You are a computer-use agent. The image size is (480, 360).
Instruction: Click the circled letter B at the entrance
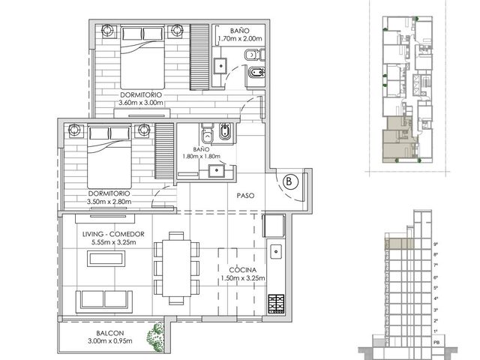288,181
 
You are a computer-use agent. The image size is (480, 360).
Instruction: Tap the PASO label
245,195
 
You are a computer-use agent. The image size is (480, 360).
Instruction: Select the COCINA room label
243,270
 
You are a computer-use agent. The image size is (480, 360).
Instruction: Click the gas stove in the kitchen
277,304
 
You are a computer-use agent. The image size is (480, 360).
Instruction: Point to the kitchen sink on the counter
276,252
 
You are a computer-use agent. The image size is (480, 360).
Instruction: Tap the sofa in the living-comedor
104,300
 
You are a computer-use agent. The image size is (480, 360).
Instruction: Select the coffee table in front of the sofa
106,259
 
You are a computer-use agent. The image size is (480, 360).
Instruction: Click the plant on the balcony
155,337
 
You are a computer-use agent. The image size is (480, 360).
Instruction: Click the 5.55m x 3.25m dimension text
113,242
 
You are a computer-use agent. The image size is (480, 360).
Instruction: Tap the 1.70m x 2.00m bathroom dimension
240,38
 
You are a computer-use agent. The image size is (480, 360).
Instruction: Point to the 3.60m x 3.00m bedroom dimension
141,103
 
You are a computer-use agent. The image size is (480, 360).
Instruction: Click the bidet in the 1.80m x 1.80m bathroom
225,132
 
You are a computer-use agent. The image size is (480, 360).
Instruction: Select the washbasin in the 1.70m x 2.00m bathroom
220,66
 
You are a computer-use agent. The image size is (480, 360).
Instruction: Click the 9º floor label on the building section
436,244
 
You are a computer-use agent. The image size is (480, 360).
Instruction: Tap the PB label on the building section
436,343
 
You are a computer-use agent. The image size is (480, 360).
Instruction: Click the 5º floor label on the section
436,288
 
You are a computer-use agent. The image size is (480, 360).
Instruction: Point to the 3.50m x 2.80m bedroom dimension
109,202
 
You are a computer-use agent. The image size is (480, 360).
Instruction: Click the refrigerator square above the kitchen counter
274,226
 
